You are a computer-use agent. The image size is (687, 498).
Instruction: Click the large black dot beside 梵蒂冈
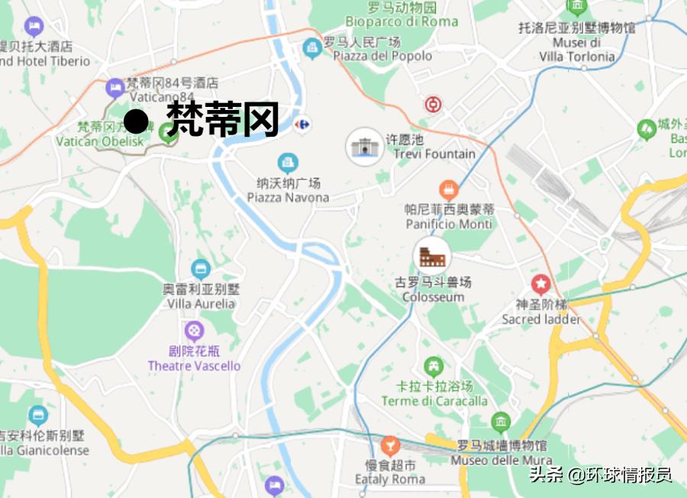tap(136, 121)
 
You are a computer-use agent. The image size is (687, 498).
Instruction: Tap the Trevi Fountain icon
tap(365, 146)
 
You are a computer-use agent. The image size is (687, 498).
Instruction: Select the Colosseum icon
tap(432, 255)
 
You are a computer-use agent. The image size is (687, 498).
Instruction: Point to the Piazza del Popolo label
tap(378, 56)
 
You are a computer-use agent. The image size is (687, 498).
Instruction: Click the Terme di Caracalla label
tap(434, 401)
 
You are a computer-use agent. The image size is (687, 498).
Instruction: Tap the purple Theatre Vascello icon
tap(195, 331)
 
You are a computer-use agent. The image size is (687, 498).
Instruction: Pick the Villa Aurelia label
tap(202, 303)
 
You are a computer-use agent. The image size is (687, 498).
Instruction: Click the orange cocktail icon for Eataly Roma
tap(390, 445)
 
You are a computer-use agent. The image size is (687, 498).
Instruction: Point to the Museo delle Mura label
tap(501, 461)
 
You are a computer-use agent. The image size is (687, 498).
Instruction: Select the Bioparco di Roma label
tap(402, 21)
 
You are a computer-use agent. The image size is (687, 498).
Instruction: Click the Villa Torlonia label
tap(577, 56)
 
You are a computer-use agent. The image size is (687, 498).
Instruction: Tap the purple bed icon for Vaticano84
tap(115, 88)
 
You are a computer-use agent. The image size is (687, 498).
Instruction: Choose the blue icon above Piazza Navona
tap(288, 162)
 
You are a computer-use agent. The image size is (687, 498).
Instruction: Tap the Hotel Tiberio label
tap(46, 61)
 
